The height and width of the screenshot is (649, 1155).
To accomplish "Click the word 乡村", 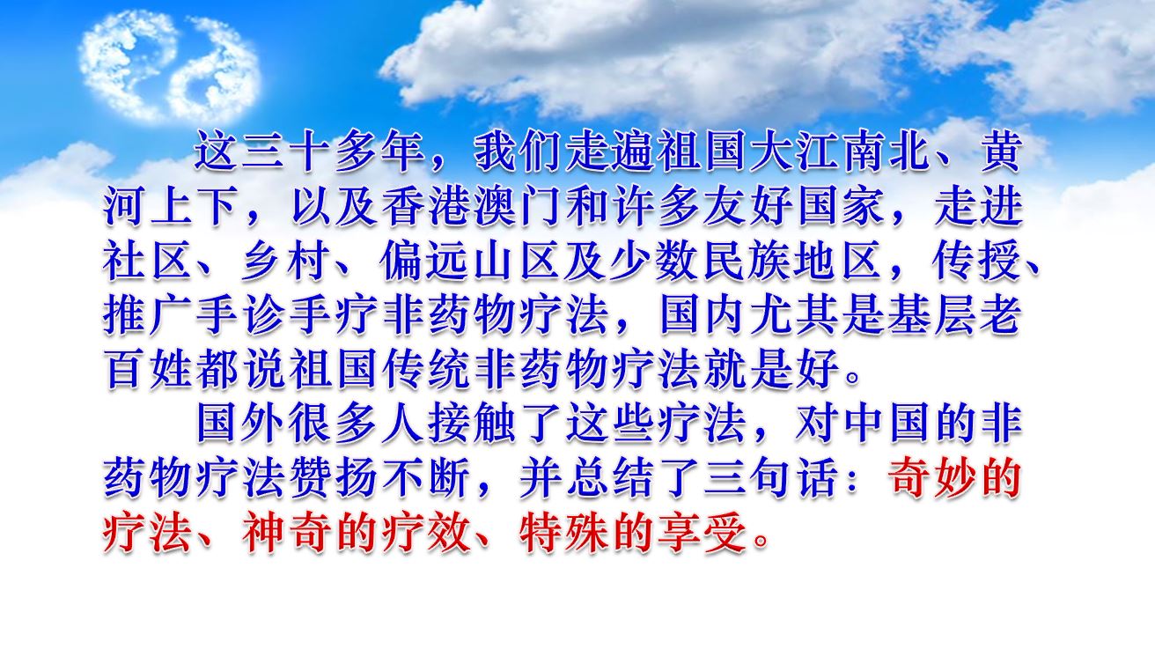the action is pos(287,262).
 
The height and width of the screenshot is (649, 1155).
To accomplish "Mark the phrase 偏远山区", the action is pos(471,262).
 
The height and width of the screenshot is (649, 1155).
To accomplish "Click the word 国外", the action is pos(240,424).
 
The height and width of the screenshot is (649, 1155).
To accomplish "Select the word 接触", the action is pos(471,424).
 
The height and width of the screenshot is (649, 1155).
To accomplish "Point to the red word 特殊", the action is pos(564,533).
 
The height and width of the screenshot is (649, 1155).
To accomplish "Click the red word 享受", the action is pos(703,533).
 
